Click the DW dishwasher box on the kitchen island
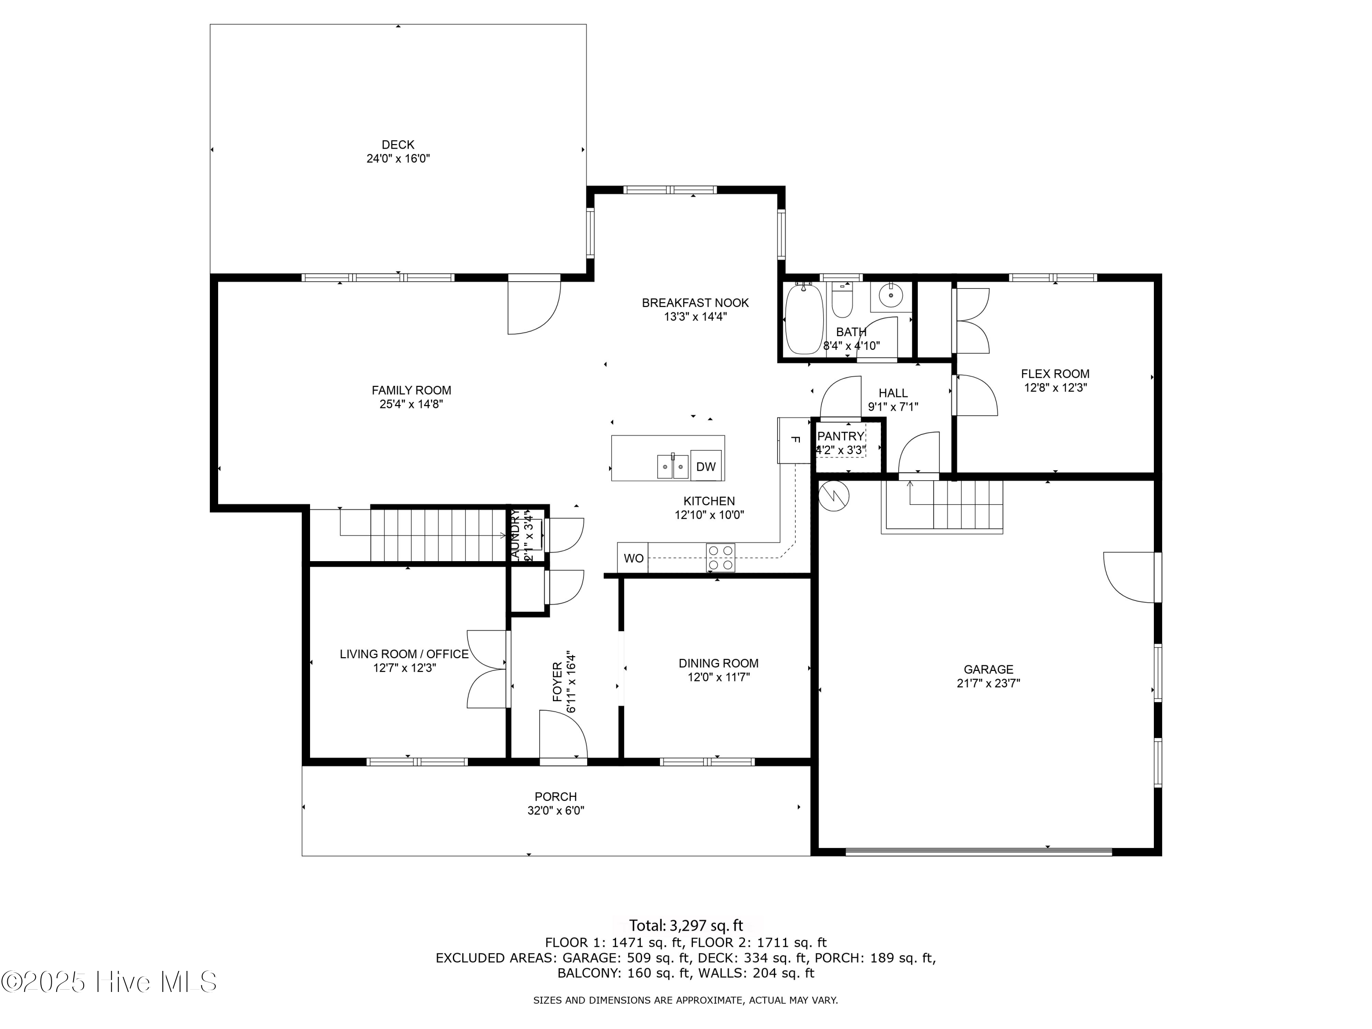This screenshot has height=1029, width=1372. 706,466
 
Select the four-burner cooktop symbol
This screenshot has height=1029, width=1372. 720,557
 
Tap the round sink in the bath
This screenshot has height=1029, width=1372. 891,296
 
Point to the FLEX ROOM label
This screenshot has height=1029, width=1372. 1055,374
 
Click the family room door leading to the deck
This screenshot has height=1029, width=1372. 533,307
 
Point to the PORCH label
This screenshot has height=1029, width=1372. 556,796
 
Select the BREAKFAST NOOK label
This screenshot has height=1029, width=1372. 695,303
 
